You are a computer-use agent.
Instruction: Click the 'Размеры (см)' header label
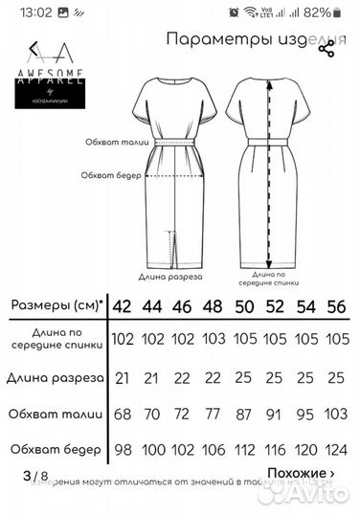click(x=57, y=306)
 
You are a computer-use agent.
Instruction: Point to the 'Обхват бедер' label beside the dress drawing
click(x=111, y=174)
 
